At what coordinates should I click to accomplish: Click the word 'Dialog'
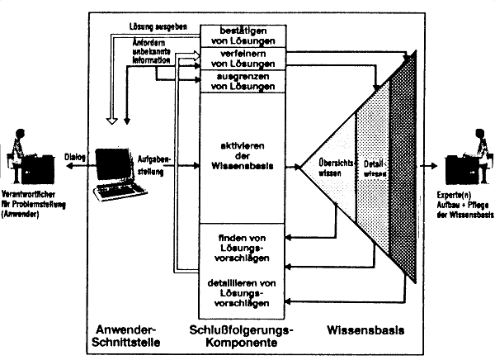[x=76, y=155]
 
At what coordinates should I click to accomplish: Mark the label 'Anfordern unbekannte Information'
[x=134, y=56]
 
